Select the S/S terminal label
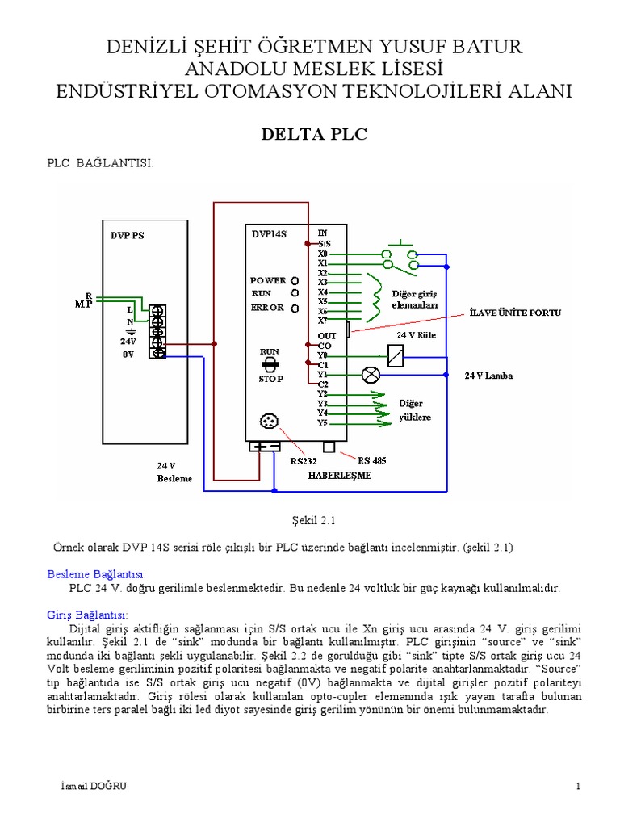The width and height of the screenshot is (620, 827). [324, 243]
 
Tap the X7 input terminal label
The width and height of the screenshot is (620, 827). [322, 321]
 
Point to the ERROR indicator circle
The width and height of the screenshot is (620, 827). [295, 308]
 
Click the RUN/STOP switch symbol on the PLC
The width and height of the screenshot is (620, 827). [270, 364]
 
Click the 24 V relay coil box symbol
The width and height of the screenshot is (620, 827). [395, 355]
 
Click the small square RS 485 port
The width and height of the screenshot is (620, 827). [329, 447]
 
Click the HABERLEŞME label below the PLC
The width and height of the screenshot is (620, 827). [340, 476]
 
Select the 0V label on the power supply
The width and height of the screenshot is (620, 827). [128, 354]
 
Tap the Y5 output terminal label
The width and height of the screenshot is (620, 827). [322, 422]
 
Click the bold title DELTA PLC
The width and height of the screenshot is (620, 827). [312, 134]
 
